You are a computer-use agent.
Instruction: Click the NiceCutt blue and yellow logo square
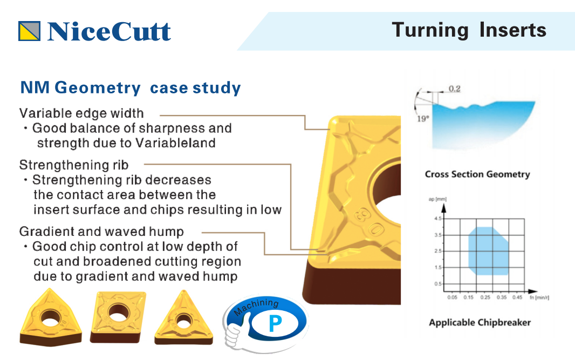[x=29, y=31]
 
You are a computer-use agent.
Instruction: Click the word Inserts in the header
[x=512, y=30]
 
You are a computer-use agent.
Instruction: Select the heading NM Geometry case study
[x=131, y=88]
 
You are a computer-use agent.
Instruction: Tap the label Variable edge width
[x=81, y=113]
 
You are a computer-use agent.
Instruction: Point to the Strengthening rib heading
[x=74, y=165]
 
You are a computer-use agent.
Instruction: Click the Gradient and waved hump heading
[x=101, y=232]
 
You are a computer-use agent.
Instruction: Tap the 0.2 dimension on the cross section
[x=454, y=89]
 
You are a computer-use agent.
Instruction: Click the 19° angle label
[x=423, y=119]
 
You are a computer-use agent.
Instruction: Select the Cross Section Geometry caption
[x=477, y=174]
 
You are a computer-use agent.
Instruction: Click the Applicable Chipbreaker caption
[x=480, y=323]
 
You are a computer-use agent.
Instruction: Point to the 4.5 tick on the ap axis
[x=438, y=219]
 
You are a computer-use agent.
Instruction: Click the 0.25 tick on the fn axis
[x=485, y=297]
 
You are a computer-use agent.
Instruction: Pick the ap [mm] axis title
[x=437, y=199]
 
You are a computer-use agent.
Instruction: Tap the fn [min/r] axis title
[x=539, y=297]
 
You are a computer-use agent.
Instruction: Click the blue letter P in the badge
[x=275, y=324]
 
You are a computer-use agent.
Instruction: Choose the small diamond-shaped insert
[x=118, y=317]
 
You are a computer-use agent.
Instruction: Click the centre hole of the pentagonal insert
[x=51, y=317]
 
